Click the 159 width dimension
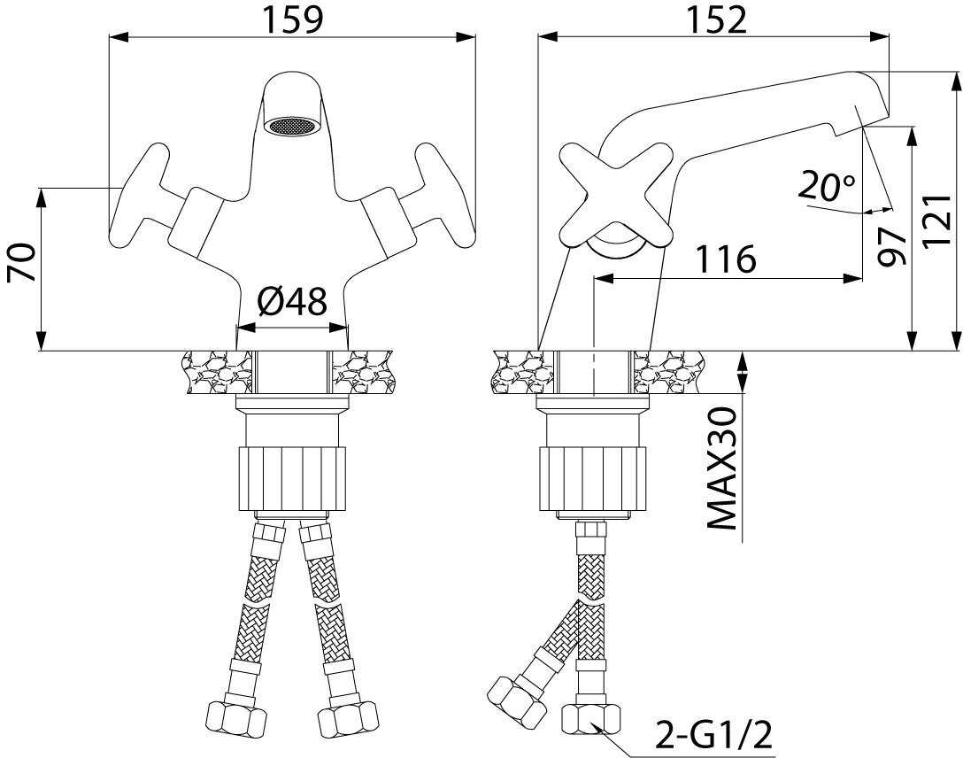(x=292, y=19)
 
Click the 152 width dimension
(x=716, y=19)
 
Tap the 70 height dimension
(x=21, y=262)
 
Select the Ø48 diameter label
(x=292, y=302)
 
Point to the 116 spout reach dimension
(x=725, y=259)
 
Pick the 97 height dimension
(x=892, y=246)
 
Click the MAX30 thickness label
(x=721, y=468)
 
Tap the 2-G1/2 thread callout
(x=713, y=734)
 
